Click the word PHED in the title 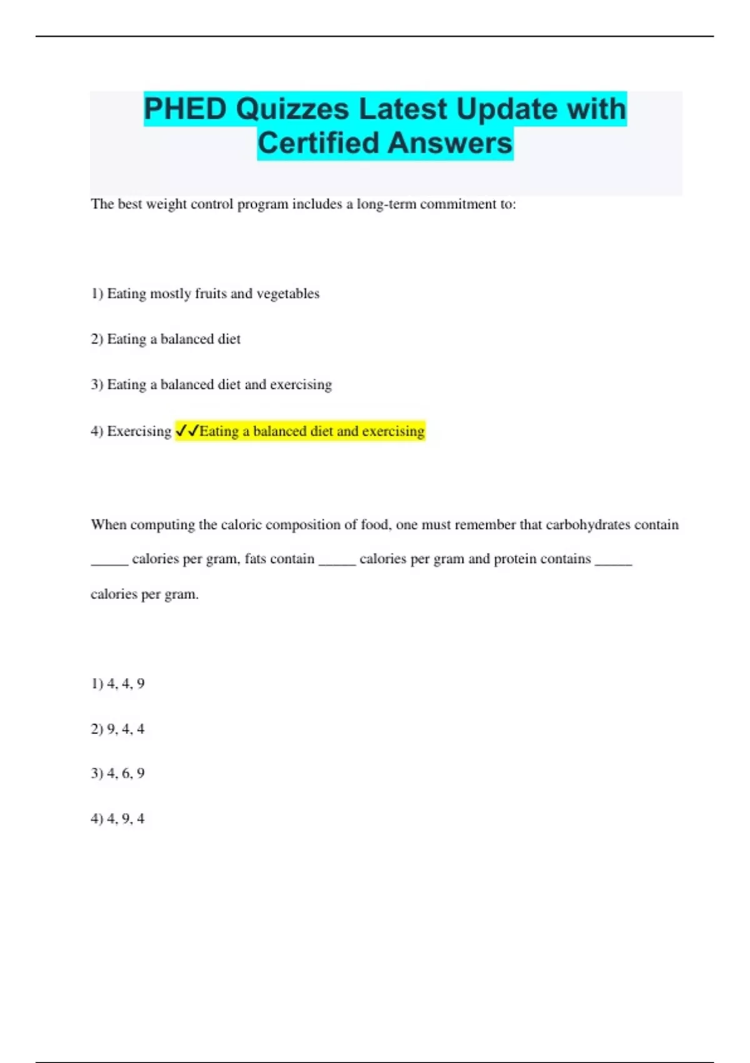pyautogui.click(x=185, y=109)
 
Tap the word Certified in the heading pyautogui.click(x=318, y=143)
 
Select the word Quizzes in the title pyautogui.click(x=292, y=109)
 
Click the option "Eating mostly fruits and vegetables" pyautogui.click(x=212, y=293)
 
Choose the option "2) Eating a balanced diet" pyautogui.click(x=166, y=339)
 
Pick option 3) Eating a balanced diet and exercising pyautogui.click(x=211, y=385)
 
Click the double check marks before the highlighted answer pyautogui.click(x=187, y=430)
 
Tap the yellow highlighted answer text pyautogui.click(x=312, y=431)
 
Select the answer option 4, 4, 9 pyautogui.click(x=118, y=683)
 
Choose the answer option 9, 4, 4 pyautogui.click(x=118, y=729)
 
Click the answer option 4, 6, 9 pyautogui.click(x=118, y=773)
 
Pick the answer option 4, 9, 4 pyautogui.click(x=118, y=819)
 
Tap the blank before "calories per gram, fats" pyautogui.click(x=109, y=562)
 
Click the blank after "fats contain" pyautogui.click(x=337, y=562)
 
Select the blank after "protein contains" pyautogui.click(x=613, y=562)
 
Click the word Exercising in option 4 pyautogui.click(x=139, y=431)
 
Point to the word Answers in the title pyautogui.click(x=449, y=143)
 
